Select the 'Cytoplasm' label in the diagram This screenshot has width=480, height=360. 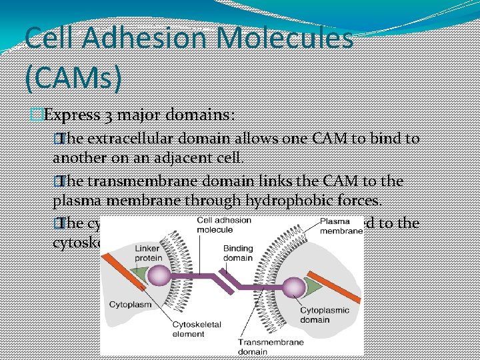[x=131, y=304]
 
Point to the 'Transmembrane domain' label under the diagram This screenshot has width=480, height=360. [x=271, y=347]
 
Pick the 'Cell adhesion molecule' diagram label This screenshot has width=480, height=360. [x=224, y=225]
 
